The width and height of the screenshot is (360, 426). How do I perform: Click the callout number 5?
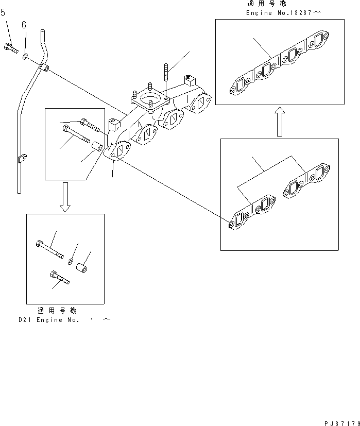click(3, 12)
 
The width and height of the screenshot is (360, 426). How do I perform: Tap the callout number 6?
click(24, 25)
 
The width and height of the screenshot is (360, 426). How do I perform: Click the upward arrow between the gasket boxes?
click(279, 122)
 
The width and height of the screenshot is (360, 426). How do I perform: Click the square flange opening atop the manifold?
click(150, 98)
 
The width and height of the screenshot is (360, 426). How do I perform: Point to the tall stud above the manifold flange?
click(166, 72)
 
